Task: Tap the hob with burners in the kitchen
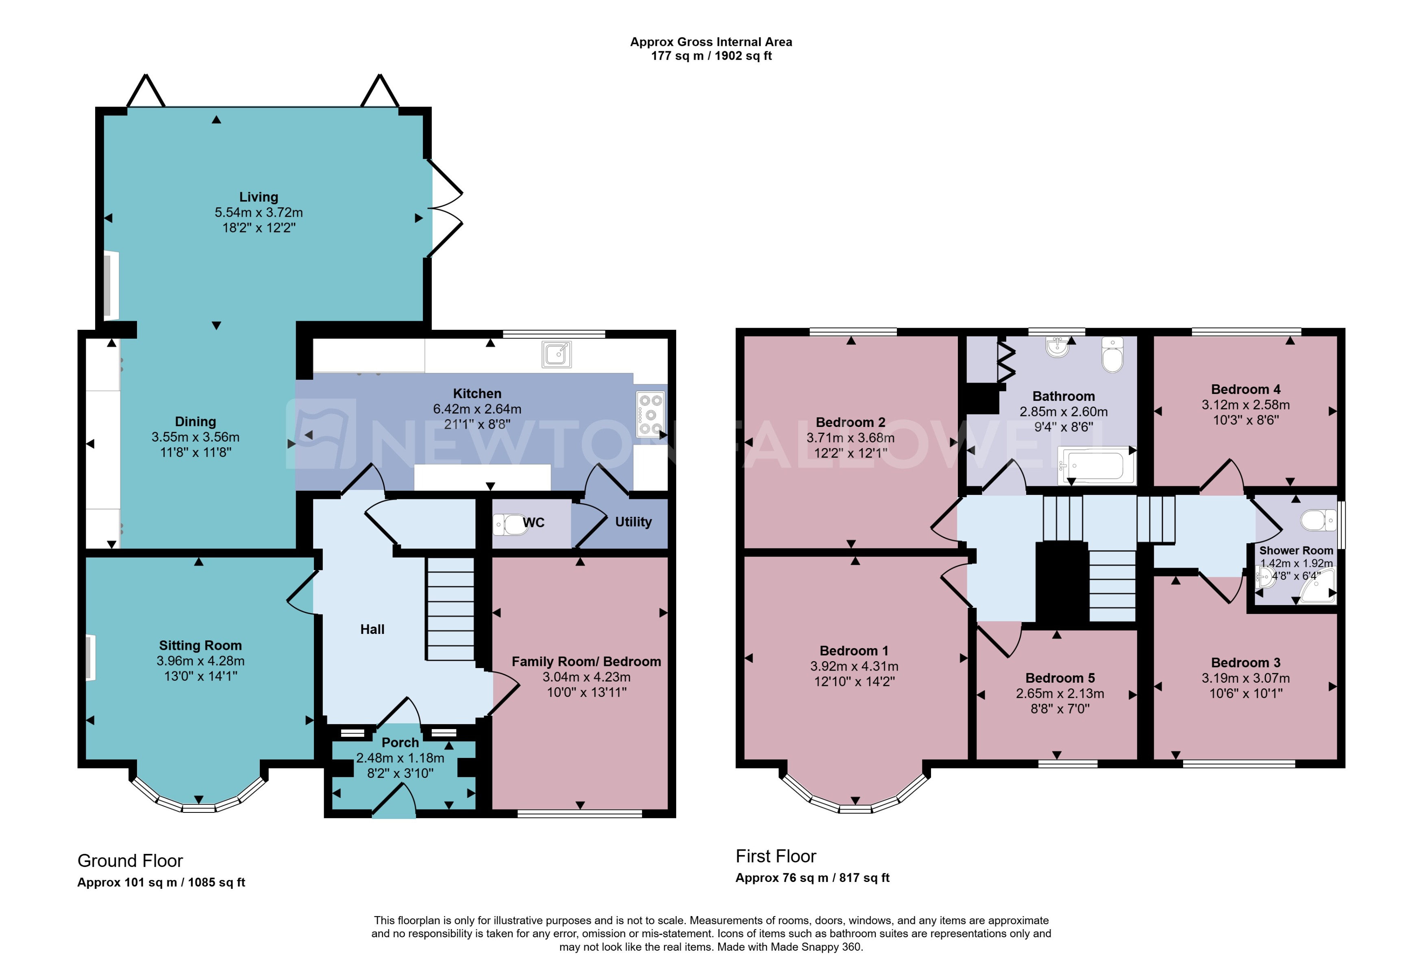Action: (x=650, y=414)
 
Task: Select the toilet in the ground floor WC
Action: (x=510, y=524)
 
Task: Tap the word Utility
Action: (x=633, y=522)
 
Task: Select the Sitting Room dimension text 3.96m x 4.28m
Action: (x=200, y=661)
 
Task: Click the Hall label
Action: (x=372, y=629)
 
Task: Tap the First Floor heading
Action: (x=775, y=856)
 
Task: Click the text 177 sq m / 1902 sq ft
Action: (x=711, y=56)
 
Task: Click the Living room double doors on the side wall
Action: (x=446, y=209)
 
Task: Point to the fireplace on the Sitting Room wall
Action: (x=91, y=657)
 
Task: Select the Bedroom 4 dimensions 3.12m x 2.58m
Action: (x=1245, y=405)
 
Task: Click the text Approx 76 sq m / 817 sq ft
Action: (x=812, y=878)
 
